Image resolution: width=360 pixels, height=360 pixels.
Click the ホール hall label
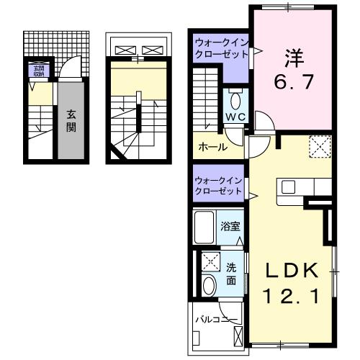click(213, 147)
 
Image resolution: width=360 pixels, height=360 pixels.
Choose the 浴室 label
click(231, 225)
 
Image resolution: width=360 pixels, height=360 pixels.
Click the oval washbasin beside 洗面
click(210, 285)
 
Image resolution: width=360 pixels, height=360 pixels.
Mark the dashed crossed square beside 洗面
click(211, 261)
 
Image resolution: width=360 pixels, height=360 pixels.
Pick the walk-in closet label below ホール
click(218, 186)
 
